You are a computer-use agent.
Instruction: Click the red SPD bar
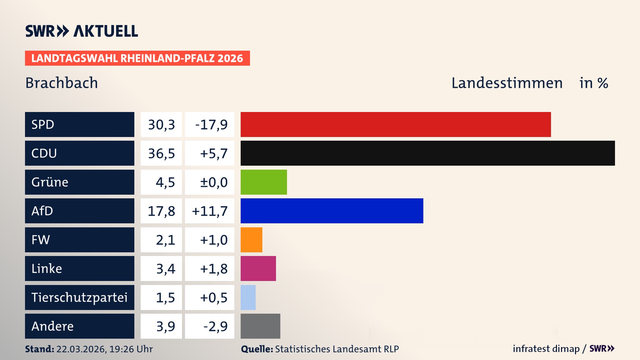point(396,124)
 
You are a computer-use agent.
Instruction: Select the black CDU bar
point(428,153)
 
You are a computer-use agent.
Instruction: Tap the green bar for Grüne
point(264,182)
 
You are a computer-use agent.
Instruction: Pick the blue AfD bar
point(332,211)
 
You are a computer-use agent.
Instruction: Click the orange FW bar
point(251,240)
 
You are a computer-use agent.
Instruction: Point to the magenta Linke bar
point(258,268)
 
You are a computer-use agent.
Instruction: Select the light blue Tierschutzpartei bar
point(248,297)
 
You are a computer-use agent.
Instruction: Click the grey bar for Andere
point(260,326)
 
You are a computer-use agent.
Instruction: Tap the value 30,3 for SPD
point(161,125)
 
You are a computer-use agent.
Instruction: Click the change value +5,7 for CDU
point(213,153)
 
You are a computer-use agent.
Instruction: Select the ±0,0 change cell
point(213,182)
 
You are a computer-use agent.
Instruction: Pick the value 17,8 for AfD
point(161,211)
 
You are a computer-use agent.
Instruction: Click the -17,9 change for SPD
point(211,125)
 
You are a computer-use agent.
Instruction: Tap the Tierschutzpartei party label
point(79,297)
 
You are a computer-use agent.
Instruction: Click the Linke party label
point(47,268)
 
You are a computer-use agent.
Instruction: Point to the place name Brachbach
point(62,83)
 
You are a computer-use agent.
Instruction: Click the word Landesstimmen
point(507,83)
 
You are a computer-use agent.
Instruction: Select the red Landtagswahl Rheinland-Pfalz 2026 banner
point(137,58)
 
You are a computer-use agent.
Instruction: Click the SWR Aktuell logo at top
point(82,31)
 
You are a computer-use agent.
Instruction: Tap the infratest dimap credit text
point(546,349)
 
